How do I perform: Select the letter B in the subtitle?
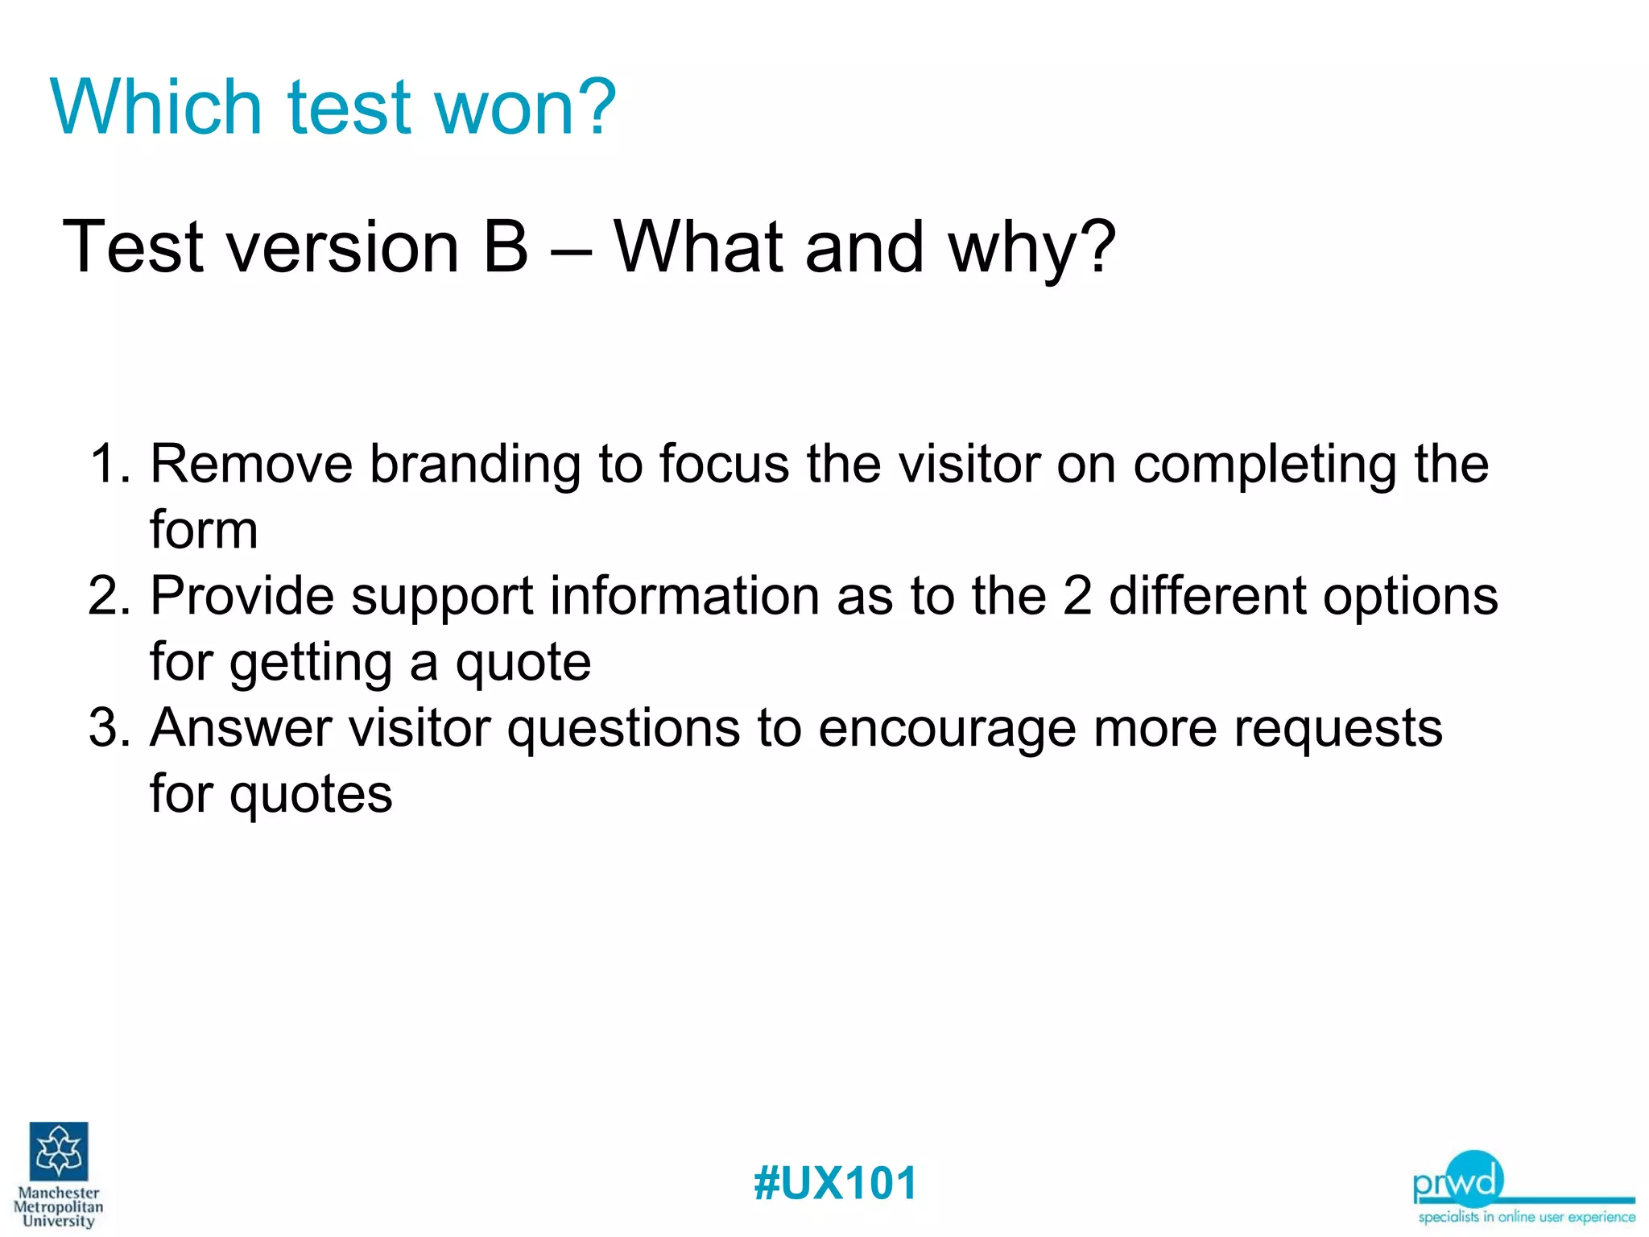[506, 247]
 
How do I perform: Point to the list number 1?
[108, 465]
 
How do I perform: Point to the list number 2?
[108, 597]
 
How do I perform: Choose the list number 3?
[108, 728]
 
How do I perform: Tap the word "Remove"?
[251, 465]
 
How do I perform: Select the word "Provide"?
[242, 597]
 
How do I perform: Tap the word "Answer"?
[241, 728]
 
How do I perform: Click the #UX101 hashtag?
[835, 1183]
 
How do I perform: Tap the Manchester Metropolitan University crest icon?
[59, 1151]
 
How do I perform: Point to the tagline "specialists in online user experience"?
[1526, 1217]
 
